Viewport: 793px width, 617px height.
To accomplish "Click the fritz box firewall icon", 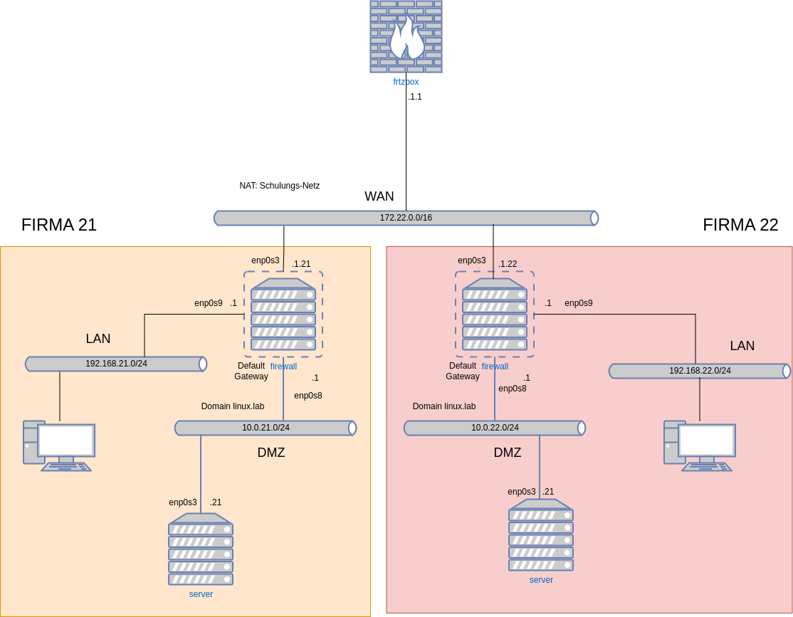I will pos(406,36).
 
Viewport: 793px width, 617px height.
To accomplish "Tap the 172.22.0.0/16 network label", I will pos(406,218).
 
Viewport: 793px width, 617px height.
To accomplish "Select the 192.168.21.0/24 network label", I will pos(116,364).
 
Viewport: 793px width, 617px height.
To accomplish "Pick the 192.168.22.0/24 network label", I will pos(700,371).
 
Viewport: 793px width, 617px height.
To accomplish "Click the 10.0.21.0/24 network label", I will pos(266,428).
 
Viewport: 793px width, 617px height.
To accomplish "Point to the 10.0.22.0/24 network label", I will pos(495,428).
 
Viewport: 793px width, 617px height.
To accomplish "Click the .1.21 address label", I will pos(301,264).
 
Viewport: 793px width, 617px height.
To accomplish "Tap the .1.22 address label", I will pos(508,264).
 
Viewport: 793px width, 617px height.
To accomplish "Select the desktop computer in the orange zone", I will pos(59,445).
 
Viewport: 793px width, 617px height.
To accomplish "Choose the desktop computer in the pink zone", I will pos(700,445).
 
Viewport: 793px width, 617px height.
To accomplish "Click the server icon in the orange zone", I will pos(201,549).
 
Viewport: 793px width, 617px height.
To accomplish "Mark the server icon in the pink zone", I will pos(541,534).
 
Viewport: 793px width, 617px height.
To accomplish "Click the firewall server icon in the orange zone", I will pos(283,314).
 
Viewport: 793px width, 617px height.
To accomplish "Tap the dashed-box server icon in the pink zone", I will pos(495,314).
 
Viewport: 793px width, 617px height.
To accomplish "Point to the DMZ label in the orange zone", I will pos(271,453).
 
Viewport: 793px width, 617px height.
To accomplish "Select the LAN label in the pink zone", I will pos(742,346).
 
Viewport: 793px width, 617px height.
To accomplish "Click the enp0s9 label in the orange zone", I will pos(209,303).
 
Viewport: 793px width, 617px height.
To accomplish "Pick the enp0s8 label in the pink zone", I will pos(513,389).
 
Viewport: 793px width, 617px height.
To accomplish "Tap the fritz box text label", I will pos(406,82).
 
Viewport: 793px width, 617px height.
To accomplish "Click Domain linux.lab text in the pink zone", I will pos(444,406).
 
